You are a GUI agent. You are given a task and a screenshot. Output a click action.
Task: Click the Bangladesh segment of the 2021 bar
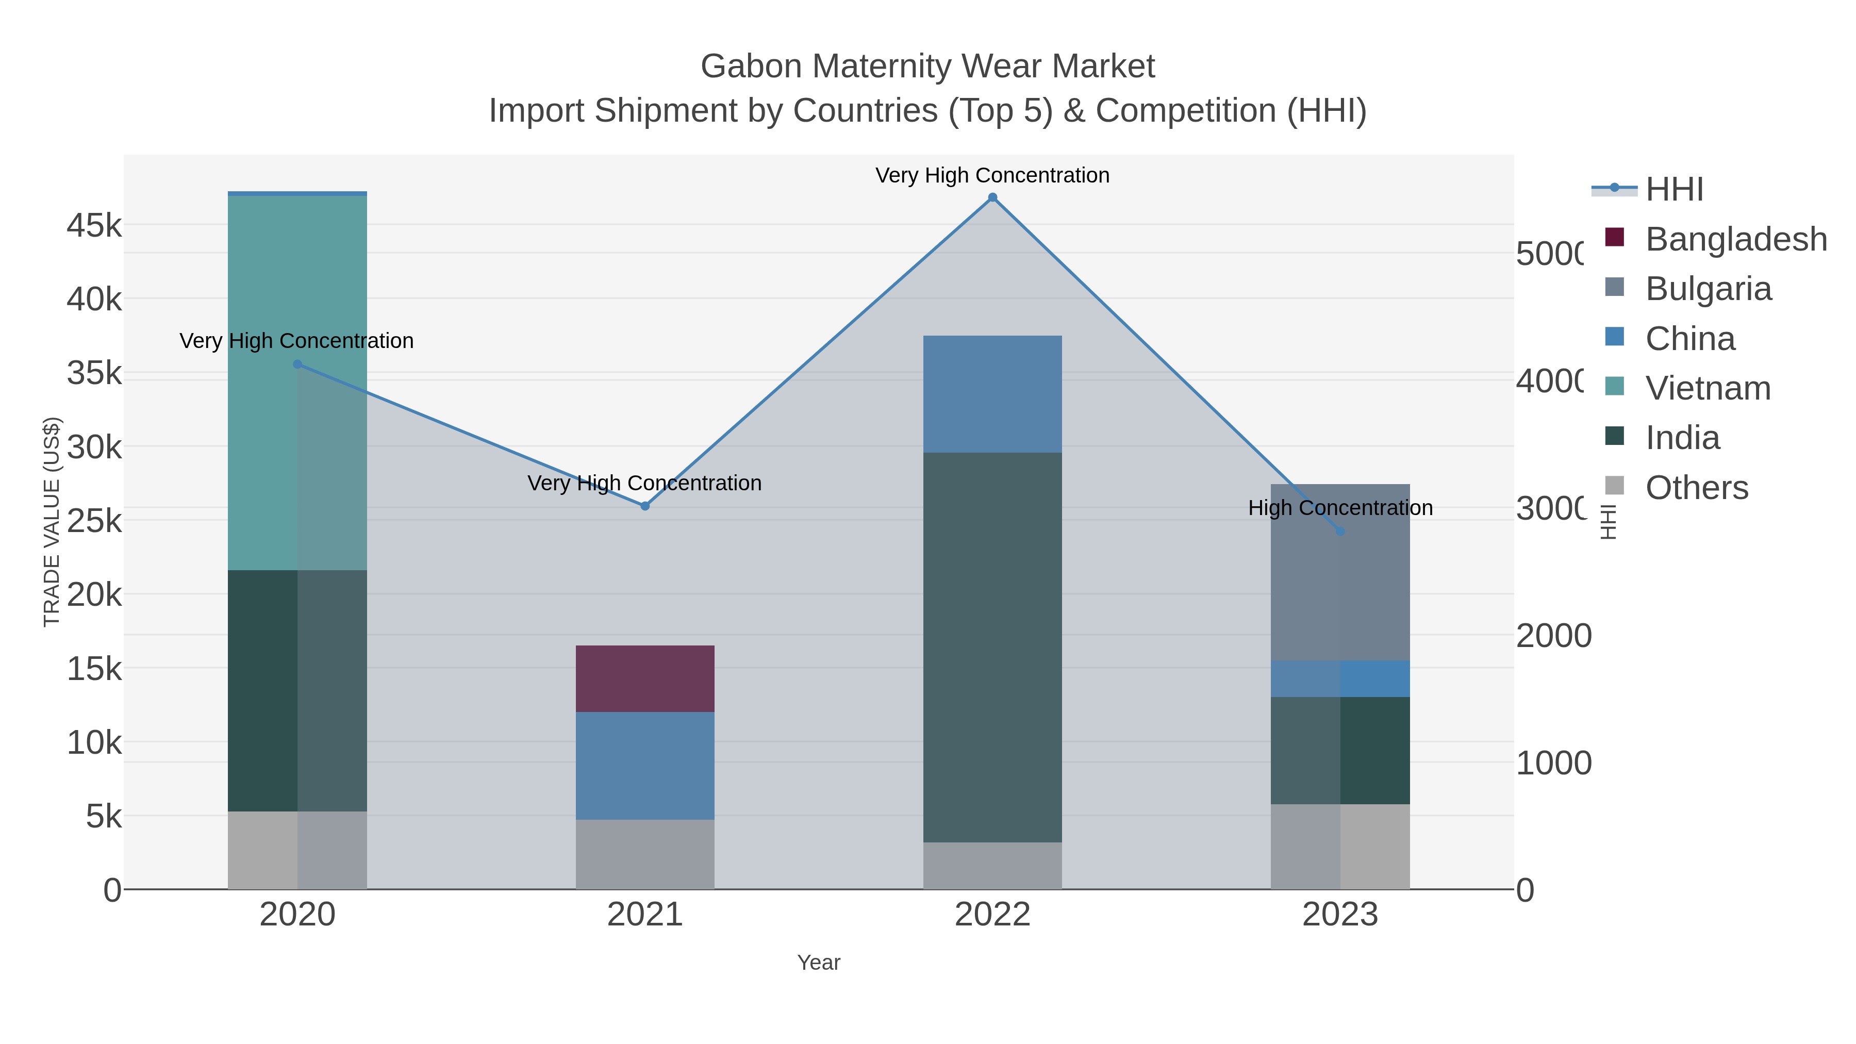point(645,678)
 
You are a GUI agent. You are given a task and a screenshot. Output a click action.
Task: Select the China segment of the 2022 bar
point(992,393)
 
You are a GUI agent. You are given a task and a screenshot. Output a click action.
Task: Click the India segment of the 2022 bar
point(992,647)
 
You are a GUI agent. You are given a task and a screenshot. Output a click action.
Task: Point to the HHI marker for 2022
point(992,197)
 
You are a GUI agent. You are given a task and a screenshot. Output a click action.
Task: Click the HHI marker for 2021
point(645,506)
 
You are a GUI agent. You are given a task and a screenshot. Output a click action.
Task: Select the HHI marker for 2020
point(297,364)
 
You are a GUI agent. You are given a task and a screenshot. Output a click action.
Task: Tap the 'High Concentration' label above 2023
point(1340,508)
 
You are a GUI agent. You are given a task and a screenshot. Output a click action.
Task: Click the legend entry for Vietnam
point(1708,388)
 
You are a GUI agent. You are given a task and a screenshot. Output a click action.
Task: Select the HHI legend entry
point(1673,190)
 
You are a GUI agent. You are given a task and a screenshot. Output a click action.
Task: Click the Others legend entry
point(1696,488)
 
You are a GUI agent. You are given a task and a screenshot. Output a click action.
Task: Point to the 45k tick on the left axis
point(94,225)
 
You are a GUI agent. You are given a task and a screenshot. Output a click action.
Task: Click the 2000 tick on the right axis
point(1553,636)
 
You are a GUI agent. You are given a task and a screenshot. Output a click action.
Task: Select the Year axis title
point(819,963)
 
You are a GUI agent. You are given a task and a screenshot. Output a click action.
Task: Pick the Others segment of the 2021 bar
point(645,854)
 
